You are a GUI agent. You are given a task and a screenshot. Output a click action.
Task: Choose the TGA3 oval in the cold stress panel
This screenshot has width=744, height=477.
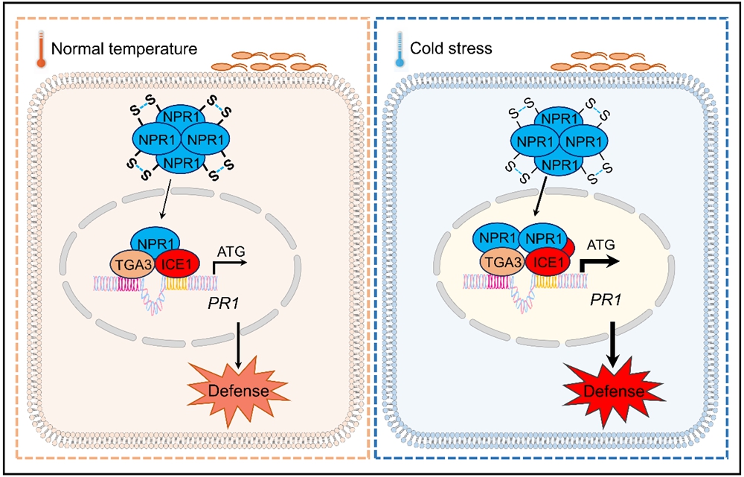(500, 262)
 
